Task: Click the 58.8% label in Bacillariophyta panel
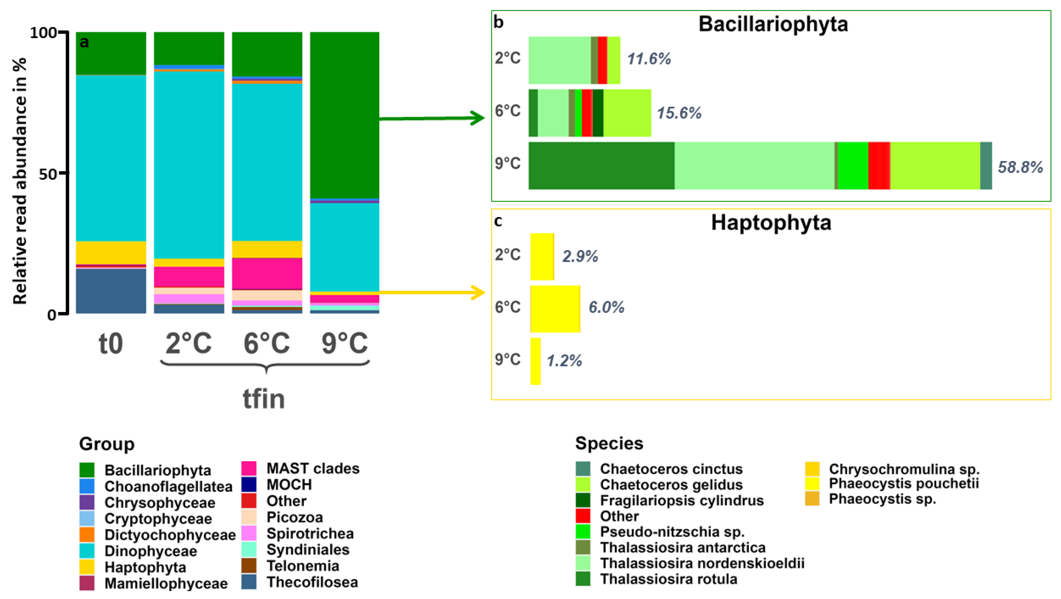(1020, 167)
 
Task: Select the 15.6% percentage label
(679, 113)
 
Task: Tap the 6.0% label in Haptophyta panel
(606, 307)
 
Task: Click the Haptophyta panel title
(771, 223)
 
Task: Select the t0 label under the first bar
(111, 343)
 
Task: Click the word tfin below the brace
(264, 398)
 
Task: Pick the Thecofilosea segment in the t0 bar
(111, 291)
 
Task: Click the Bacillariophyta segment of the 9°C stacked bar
(344, 115)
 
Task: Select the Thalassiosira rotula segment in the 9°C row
(601, 166)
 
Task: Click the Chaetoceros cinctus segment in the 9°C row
(986, 166)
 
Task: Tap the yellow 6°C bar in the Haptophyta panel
(555, 309)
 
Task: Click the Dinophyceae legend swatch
(87, 551)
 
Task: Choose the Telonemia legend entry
(302, 566)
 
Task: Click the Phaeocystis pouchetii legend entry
(903, 483)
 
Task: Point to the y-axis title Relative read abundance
(20, 181)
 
